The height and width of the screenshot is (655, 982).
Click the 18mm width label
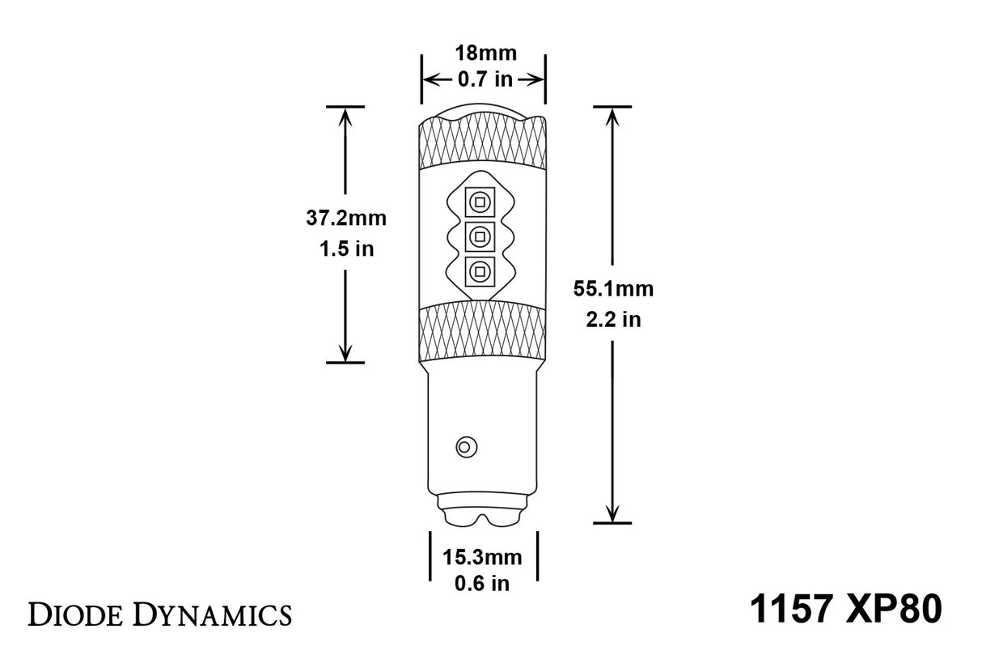pyautogui.click(x=483, y=53)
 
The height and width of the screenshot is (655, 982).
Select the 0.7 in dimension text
pyautogui.click(x=483, y=79)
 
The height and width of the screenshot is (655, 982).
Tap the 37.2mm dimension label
pyautogui.click(x=346, y=218)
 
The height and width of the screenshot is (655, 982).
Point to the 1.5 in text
pyautogui.click(x=346, y=249)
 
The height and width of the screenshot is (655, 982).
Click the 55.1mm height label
pyautogui.click(x=612, y=288)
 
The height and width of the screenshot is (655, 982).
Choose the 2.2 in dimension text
pyautogui.click(x=612, y=319)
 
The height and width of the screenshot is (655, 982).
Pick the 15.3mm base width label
pyautogui.click(x=483, y=557)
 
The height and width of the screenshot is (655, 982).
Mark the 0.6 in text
pyautogui.click(x=483, y=583)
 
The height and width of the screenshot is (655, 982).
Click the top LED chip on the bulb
pyautogui.click(x=480, y=202)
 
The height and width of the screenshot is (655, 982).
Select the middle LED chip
pyautogui.click(x=480, y=236)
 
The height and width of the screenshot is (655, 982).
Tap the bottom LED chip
pyautogui.click(x=480, y=271)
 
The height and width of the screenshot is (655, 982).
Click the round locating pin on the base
pyautogui.click(x=467, y=446)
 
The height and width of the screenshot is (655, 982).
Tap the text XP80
pyautogui.click(x=896, y=609)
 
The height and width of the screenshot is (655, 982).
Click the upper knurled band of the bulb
pyautogui.click(x=482, y=145)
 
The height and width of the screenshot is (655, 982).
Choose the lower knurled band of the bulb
pyautogui.click(x=482, y=331)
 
